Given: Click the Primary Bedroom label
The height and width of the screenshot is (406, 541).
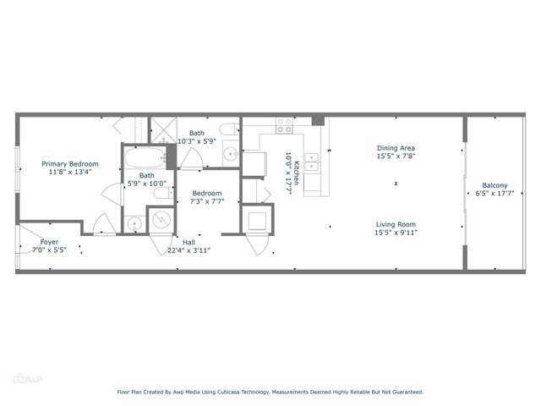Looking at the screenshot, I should point(71,163).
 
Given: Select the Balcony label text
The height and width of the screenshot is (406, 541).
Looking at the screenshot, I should point(495,185).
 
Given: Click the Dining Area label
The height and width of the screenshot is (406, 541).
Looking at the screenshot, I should point(396,148).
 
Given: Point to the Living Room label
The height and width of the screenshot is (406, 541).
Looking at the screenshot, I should point(396,224).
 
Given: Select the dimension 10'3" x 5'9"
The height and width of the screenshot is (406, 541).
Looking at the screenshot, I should point(196,142).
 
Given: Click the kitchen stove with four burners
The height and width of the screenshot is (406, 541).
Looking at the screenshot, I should point(284,125).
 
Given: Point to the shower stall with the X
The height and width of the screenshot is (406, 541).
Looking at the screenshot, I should point(161,129).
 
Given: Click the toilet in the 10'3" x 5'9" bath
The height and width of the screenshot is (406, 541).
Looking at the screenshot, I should point(227,129).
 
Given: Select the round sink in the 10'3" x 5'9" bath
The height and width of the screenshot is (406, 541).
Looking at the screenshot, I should point(229,155).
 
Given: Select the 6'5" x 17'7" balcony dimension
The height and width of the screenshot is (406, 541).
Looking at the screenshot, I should point(495,194).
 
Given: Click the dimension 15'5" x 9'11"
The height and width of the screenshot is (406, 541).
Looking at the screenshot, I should point(396,233).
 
